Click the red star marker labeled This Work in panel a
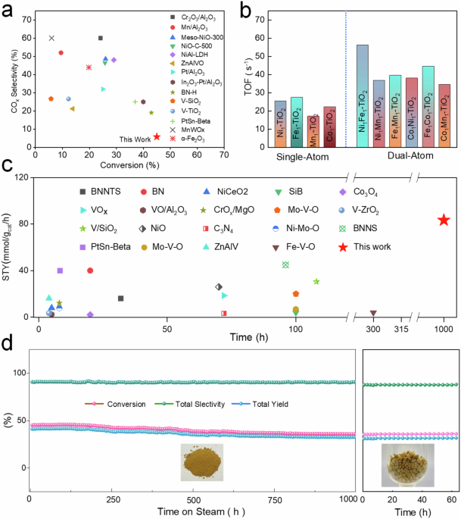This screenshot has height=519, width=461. (x=157, y=136)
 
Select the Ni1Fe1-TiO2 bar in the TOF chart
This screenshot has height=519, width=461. (x=363, y=96)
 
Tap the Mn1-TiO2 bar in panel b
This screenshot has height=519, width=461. (x=313, y=131)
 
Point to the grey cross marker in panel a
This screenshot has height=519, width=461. (x=51, y=38)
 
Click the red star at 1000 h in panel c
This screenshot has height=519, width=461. (x=444, y=220)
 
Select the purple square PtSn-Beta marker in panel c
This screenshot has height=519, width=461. (x=60, y=270)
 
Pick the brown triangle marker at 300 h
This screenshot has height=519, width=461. (x=373, y=313)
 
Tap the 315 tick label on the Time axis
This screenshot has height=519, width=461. (x=401, y=329)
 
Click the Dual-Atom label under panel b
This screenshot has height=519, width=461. (x=410, y=155)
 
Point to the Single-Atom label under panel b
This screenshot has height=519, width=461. (x=303, y=157)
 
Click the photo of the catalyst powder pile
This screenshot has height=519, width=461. (x=202, y=462)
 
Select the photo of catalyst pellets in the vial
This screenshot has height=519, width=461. (x=408, y=465)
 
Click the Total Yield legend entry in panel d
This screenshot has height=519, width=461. (x=260, y=404)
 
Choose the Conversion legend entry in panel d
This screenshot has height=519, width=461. (x=115, y=404)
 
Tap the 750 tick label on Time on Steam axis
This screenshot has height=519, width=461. (x=275, y=500)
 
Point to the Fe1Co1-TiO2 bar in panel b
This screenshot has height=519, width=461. (x=428, y=107)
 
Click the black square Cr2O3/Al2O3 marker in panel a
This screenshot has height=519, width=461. (x=101, y=38)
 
